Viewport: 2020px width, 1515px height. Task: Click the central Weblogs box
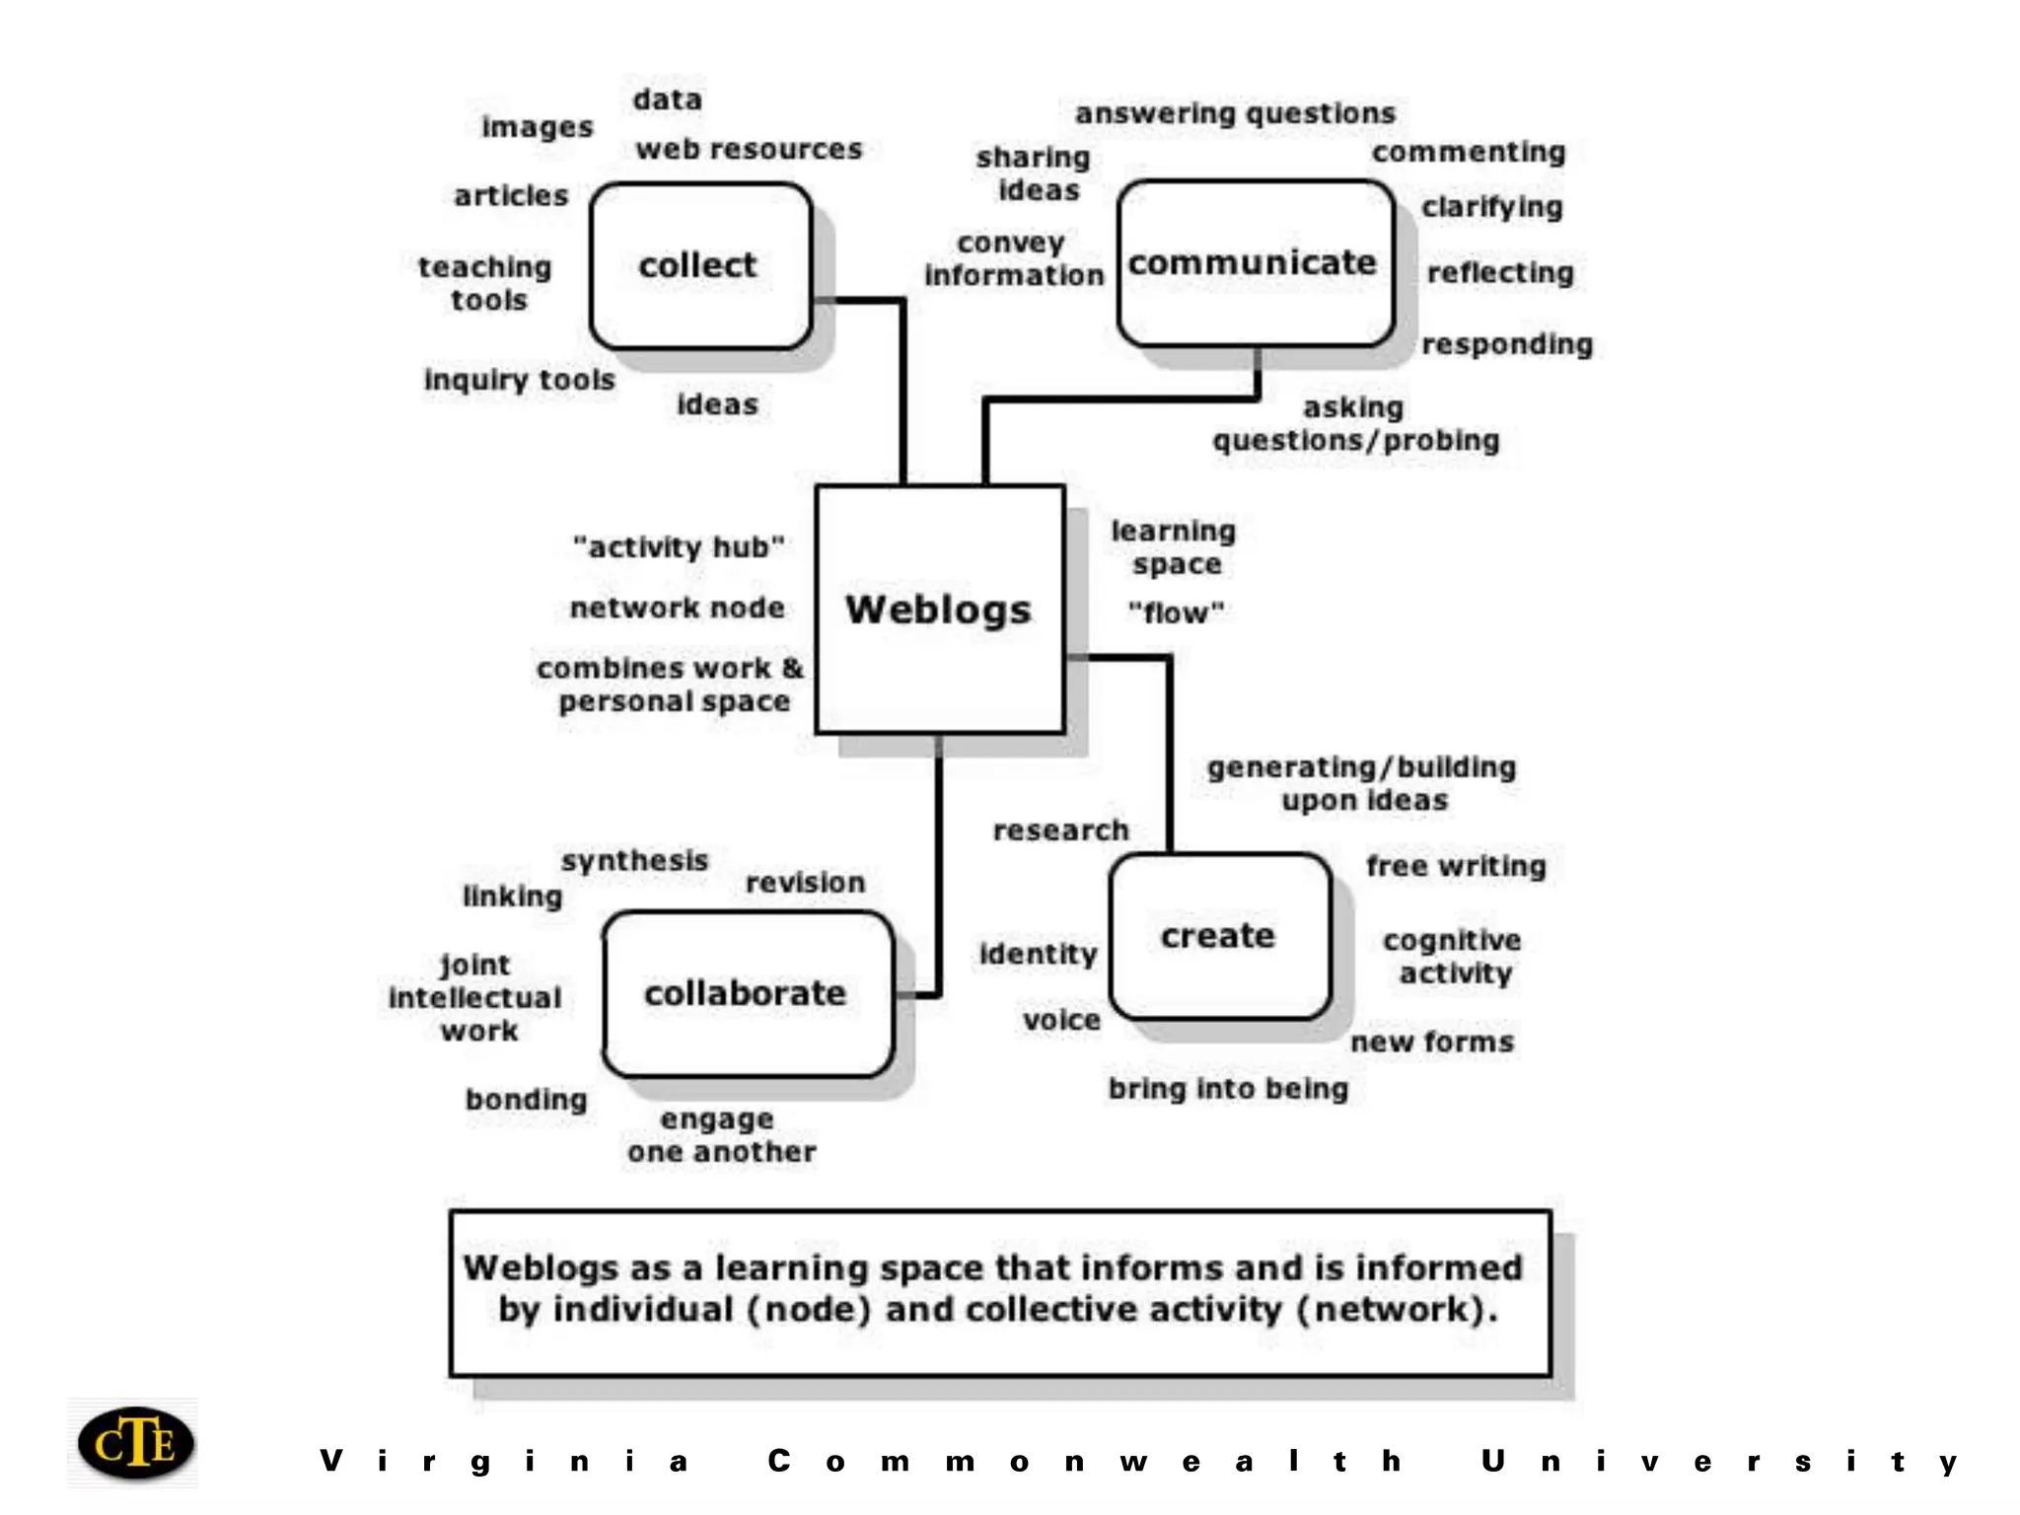pyautogui.click(x=939, y=610)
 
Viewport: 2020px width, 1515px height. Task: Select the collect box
pyautogui.click(x=700, y=265)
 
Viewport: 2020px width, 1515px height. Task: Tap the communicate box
pyautogui.click(x=1255, y=263)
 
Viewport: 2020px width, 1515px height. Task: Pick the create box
pyautogui.click(x=1219, y=936)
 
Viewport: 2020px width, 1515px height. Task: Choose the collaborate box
pyautogui.click(x=748, y=993)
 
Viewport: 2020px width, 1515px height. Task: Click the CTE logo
pyautogui.click(x=135, y=1443)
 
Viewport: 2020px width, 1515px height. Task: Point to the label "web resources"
pyautogui.click(x=749, y=149)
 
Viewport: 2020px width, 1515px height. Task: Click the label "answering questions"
pyautogui.click(x=1235, y=113)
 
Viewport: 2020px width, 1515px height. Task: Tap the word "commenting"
pyautogui.click(x=1468, y=152)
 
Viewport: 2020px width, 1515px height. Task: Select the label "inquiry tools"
pyautogui.click(x=519, y=380)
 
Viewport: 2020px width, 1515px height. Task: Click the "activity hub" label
pyautogui.click(x=679, y=546)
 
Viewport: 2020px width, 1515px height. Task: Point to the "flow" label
pyautogui.click(x=1176, y=613)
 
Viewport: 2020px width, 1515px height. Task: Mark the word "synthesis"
pyautogui.click(x=635, y=860)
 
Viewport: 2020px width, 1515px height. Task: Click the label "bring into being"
pyautogui.click(x=1228, y=1089)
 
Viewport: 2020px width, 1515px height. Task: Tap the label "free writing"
pyautogui.click(x=1456, y=866)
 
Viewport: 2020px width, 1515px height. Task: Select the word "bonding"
pyautogui.click(x=526, y=1100)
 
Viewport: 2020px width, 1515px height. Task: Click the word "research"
pyautogui.click(x=1060, y=830)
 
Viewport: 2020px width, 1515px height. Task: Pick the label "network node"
pyautogui.click(x=678, y=608)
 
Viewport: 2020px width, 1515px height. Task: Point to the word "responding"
pyautogui.click(x=1507, y=344)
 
